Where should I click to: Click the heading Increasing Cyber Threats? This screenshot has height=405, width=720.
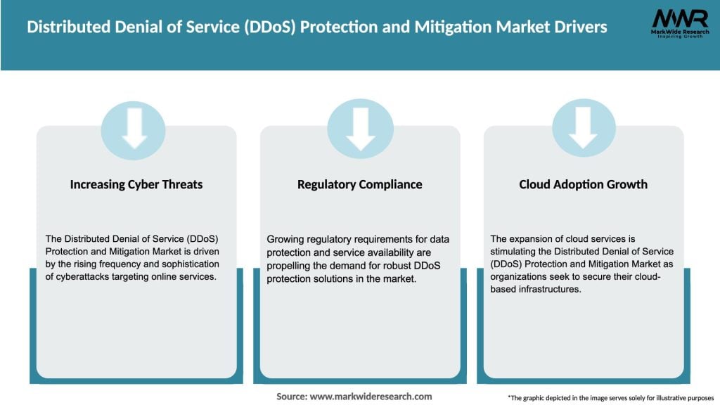(x=136, y=184)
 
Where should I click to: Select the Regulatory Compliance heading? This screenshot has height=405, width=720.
(x=360, y=184)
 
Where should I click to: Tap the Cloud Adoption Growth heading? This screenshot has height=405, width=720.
(x=583, y=184)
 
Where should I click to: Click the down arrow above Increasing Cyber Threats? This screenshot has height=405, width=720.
(x=134, y=128)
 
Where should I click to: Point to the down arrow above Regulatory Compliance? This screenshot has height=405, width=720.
(x=360, y=128)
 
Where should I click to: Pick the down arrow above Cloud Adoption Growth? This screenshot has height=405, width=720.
(x=583, y=128)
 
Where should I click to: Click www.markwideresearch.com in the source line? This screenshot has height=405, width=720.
(x=371, y=397)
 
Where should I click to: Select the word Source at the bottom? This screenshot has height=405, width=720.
(x=291, y=397)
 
